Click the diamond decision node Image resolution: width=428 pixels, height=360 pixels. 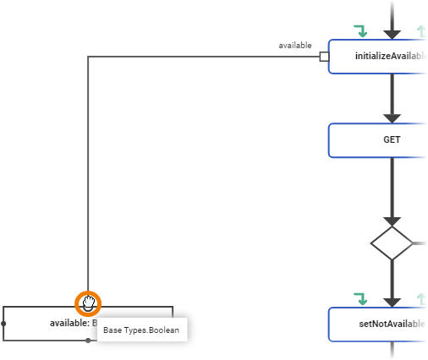pyautogui.click(x=392, y=243)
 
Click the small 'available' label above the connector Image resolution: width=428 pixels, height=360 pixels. pyautogui.click(x=296, y=45)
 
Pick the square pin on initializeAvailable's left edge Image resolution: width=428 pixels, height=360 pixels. pyautogui.click(x=323, y=57)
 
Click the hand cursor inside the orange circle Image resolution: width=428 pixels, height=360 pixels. pyautogui.click(x=88, y=303)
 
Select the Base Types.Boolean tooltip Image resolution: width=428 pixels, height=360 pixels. pyautogui.click(x=141, y=330)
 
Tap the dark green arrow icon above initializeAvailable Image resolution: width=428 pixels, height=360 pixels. pyautogui.click(x=360, y=32)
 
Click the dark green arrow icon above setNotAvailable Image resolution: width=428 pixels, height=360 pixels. pyautogui.click(x=360, y=299)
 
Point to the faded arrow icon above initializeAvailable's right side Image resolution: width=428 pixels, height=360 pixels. pyautogui.click(x=421, y=32)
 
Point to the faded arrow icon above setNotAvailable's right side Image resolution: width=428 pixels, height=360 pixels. pyautogui.click(x=421, y=299)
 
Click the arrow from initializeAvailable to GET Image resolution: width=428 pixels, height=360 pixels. pyautogui.click(x=392, y=97)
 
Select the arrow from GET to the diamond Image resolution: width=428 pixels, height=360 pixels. pyautogui.click(x=392, y=190)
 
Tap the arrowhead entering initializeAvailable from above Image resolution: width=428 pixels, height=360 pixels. pyautogui.click(x=392, y=33)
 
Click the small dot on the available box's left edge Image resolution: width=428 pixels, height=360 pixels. pyautogui.click(x=3, y=324)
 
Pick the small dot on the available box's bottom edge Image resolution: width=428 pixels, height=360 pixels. pyautogui.click(x=88, y=341)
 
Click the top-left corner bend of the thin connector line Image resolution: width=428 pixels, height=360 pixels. pyautogui.click(x=88, y=57)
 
